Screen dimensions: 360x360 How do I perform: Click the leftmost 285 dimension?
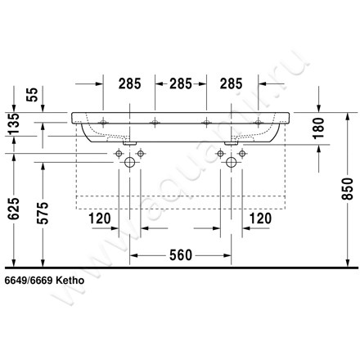(128, 83)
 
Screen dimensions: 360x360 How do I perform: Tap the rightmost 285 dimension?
(233, 83)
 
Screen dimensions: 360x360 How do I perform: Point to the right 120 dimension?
(259, 219)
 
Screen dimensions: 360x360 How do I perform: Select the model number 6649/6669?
(33, 279)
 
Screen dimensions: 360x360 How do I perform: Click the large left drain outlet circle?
(128, 162)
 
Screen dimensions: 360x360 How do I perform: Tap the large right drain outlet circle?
(233, 162)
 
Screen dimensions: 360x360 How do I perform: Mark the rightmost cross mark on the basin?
(259, 122)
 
